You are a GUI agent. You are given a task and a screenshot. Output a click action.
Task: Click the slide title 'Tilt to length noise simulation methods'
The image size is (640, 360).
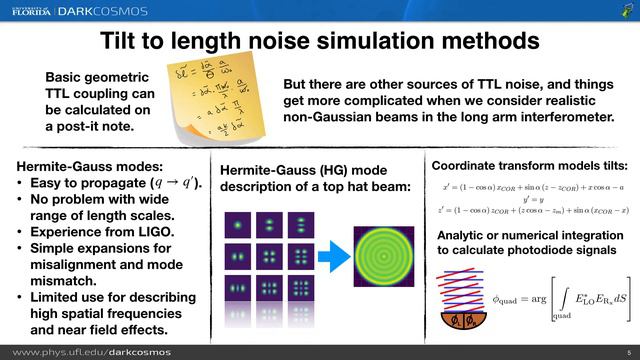(320, 41)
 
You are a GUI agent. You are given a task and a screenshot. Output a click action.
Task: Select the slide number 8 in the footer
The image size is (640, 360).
(627, 351)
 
